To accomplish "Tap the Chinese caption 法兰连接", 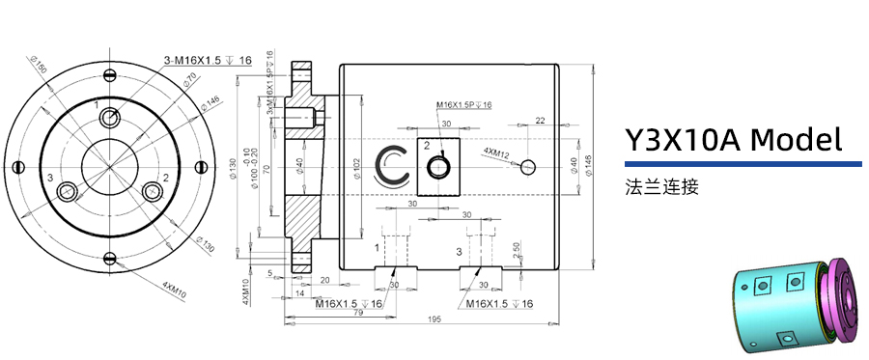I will [661, 186].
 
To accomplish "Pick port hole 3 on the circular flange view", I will [68, 192].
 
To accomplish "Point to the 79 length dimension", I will [357, 312].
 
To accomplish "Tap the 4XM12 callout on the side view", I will [495, 152].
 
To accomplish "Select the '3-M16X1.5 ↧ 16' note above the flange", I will [208, 61].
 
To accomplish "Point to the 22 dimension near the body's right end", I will [539, 121].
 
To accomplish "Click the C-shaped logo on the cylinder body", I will [393, 166].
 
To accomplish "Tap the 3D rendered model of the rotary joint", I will [797, 304].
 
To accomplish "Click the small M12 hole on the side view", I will [526, 166].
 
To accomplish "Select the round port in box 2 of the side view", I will [440, 167].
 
